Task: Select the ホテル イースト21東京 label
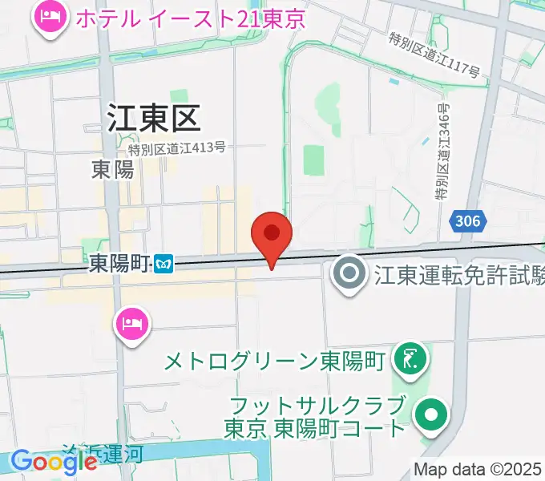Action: [190, 18]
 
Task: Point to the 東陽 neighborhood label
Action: [113, 169]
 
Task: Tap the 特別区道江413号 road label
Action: [176, 148]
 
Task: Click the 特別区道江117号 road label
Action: [434, 55]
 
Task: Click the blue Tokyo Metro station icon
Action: [165, 263]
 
